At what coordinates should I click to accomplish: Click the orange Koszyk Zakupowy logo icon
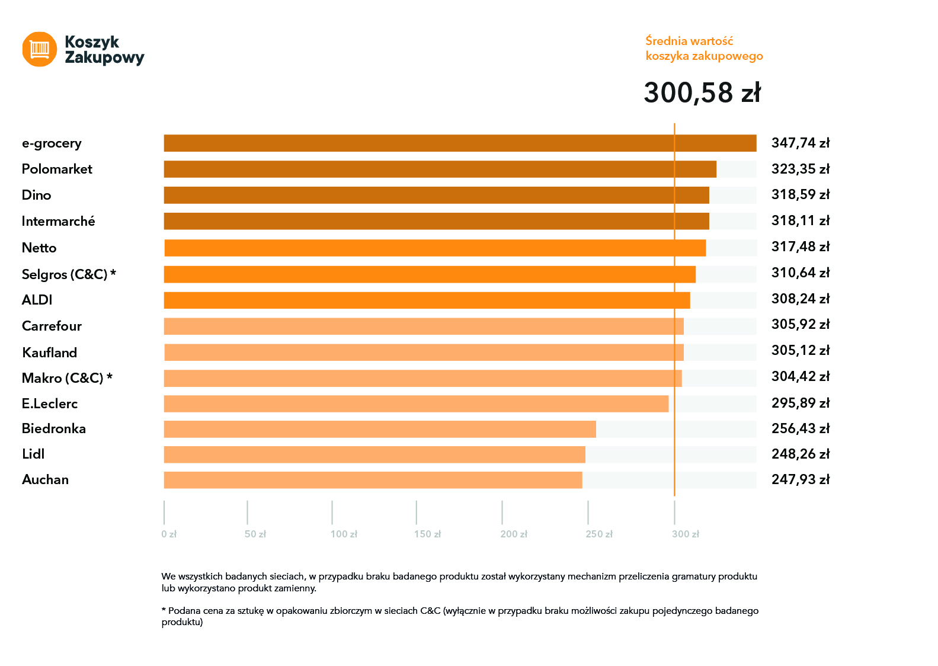(40, 49)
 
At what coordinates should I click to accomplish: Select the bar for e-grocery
(460, 143)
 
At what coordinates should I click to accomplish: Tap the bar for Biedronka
(380, 429)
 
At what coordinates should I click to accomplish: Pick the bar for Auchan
(373, 480)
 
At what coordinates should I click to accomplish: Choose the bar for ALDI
(427, 300)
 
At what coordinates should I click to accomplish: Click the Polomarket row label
(57, 169)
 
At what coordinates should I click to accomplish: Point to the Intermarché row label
(58, 222)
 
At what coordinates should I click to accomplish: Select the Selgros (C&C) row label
(69, 274)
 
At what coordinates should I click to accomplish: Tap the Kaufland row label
(50, 353)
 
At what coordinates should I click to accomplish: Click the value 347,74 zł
(800, 143)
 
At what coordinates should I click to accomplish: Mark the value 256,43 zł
(800, 428)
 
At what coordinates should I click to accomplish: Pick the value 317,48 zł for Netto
(800, 246)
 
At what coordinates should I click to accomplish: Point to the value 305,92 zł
(800, 324)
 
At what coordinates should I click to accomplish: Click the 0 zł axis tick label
(169, 534)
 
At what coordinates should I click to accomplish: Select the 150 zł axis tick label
(427, 534)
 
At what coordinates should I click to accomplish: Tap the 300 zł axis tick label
(685, 534)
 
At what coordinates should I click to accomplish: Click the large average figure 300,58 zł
(702, 93)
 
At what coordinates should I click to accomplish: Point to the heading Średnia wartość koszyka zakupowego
(704, 49)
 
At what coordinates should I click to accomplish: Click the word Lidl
(33, 454)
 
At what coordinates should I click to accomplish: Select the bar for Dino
(436, 196)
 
